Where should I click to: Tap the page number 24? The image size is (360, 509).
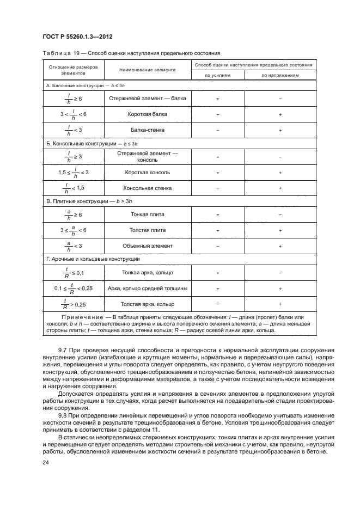(46, 462)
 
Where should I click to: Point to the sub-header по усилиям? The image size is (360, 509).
(217, 76)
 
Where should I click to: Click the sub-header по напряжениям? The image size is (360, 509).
(279, 76)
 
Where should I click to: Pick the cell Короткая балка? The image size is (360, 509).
(149, 114)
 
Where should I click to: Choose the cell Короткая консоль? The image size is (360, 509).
(148, 172)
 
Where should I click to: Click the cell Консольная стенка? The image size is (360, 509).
(148, 188)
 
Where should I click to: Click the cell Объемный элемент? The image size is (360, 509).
(148, 246)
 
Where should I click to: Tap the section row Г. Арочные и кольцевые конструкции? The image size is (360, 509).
(93, 259)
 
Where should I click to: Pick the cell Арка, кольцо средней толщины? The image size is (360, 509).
(148, 288)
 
